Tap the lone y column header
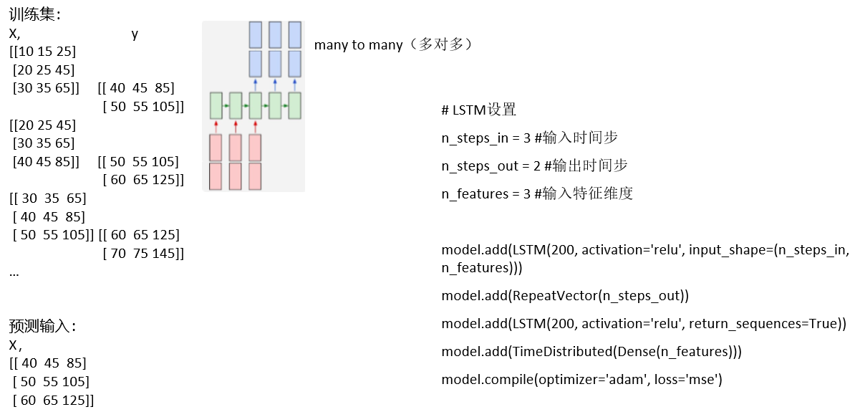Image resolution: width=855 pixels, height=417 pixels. [135, 34]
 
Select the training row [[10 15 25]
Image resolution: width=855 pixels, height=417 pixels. [42, 52]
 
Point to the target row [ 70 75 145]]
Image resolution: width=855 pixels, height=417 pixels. [143, 253]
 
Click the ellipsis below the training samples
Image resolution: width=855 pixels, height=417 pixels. [14, 272]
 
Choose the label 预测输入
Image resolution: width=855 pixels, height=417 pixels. [42, 327]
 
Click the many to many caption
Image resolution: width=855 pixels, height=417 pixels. [394, 45]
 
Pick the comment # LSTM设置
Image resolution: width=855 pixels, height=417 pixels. [478, 110]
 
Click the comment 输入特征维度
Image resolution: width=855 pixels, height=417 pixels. [588, 193]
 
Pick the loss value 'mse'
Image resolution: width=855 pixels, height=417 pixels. [702, 380]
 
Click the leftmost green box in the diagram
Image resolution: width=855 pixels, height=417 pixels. [216, 105]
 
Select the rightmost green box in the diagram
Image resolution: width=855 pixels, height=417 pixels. [294, 105]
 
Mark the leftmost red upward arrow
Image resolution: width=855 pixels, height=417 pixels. [216, 125]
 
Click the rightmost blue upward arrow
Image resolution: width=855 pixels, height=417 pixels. [294, 85]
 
